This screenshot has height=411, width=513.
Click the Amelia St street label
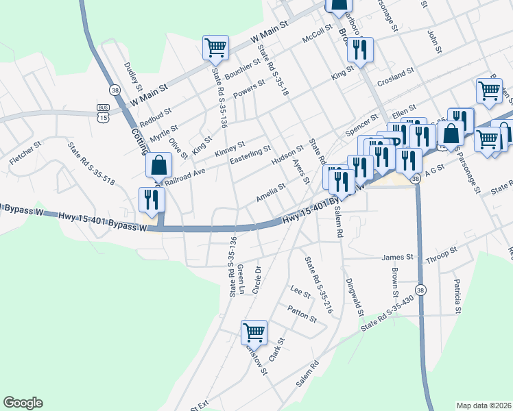pos(270,192)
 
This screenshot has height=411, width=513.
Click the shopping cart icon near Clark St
pos(254,332)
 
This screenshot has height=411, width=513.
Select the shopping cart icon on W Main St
pos(215,48)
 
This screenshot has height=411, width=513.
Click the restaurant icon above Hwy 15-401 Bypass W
pos(150,199)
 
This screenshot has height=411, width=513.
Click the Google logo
pos(23,403)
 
